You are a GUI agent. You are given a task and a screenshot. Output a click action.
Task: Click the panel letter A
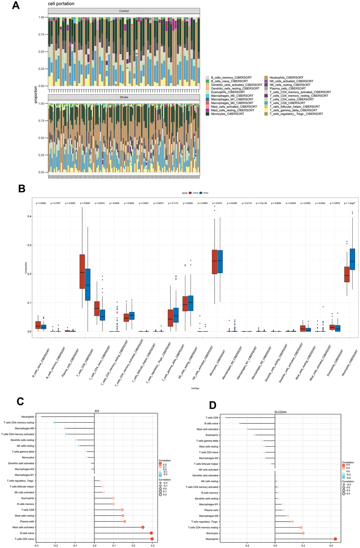coord(16,6)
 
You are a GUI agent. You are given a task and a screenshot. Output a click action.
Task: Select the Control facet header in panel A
coord(124,11)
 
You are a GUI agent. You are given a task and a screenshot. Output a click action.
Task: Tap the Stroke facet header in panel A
coord(124,97)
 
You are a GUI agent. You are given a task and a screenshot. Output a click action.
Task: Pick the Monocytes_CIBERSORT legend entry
coord(228,114)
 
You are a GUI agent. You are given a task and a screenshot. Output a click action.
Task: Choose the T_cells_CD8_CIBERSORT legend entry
coord(287,103)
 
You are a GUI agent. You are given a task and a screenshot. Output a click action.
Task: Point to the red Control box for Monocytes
coord(214,262)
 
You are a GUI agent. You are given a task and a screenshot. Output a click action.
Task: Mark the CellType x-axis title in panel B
coord(195,388)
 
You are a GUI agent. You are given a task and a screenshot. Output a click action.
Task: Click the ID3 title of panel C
coord(97,411)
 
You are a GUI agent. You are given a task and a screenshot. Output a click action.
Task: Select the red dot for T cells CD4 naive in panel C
coord(152,539)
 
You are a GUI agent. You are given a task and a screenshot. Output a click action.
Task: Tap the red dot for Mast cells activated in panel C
coord(143,527)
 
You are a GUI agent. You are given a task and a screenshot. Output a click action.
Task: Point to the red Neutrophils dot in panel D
coord(335,539)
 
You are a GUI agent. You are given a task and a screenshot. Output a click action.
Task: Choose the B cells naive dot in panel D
coord(240,423)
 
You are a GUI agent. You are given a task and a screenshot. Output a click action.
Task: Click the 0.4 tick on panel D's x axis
coord(331,545)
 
